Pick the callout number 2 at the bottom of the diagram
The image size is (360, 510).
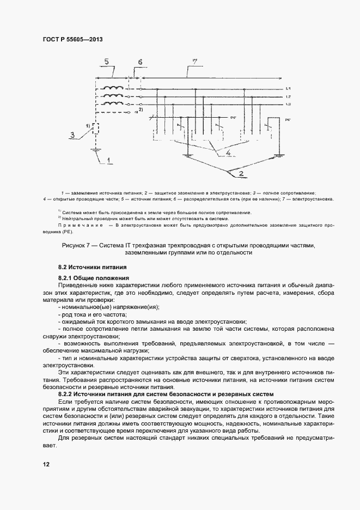coord(240,174)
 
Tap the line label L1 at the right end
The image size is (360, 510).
coord(289,89)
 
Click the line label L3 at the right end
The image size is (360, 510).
coord(289,104)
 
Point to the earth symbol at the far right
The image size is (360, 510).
coord(279,156)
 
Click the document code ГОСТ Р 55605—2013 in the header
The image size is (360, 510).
coord(72,40)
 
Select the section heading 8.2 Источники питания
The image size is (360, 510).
coord(93,268)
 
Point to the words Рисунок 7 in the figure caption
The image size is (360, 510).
coord(78,246)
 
